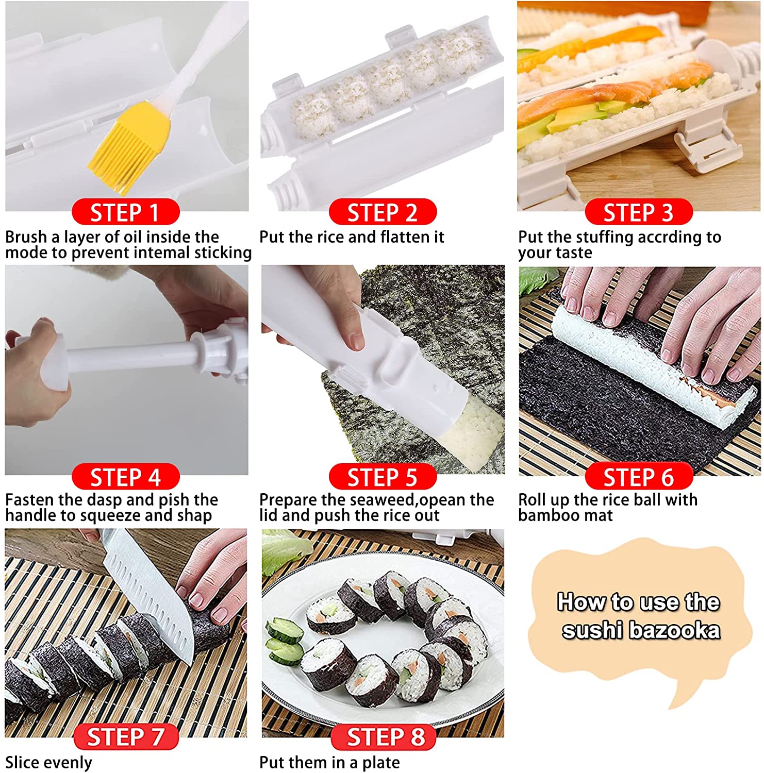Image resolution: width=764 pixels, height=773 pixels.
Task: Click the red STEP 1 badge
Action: pyautogui.click(x=125, y=212)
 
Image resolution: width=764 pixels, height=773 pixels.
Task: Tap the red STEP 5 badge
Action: pyautogui.click(x=382, y=477)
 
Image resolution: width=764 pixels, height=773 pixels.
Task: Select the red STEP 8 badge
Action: pyautogui.click(x=384, y=737)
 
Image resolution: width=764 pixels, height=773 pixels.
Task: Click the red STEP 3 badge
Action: pyautogui.click(x=638, y=212)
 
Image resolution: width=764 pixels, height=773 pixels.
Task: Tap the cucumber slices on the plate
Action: pyautogui.click(x=284, y=642)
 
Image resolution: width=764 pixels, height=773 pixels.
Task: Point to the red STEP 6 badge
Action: pyautogui.click(x=638, y=477)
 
